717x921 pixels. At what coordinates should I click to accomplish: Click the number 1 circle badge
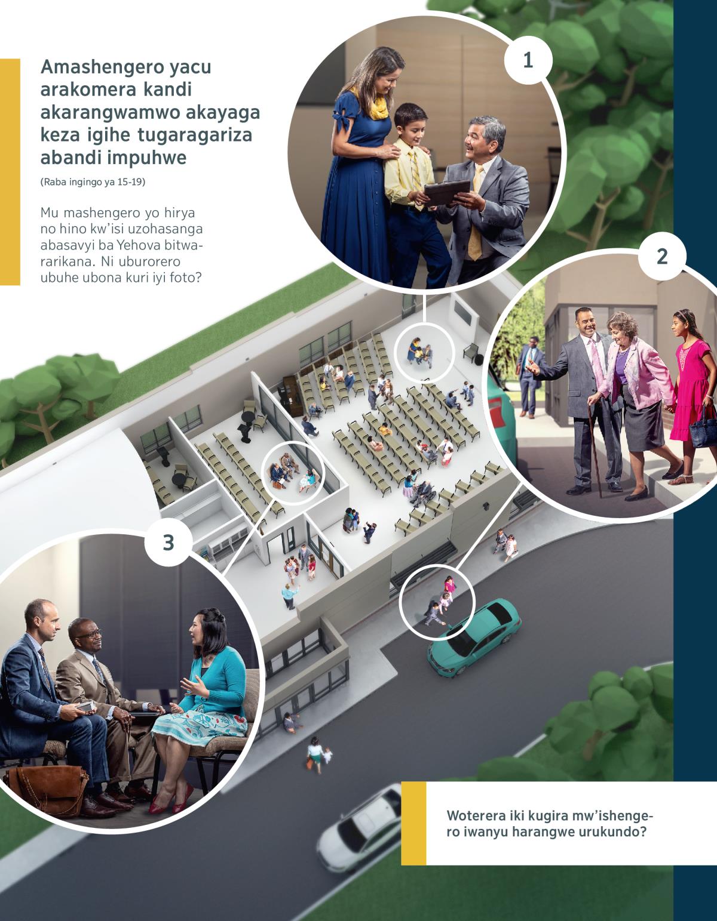(528, 60)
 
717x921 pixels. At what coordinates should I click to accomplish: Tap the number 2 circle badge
(662, 257)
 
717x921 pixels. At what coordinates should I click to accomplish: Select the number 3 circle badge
(168, 543)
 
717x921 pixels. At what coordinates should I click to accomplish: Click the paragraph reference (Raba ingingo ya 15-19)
(93, 182)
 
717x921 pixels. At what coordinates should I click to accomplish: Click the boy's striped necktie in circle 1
(415, 176)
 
